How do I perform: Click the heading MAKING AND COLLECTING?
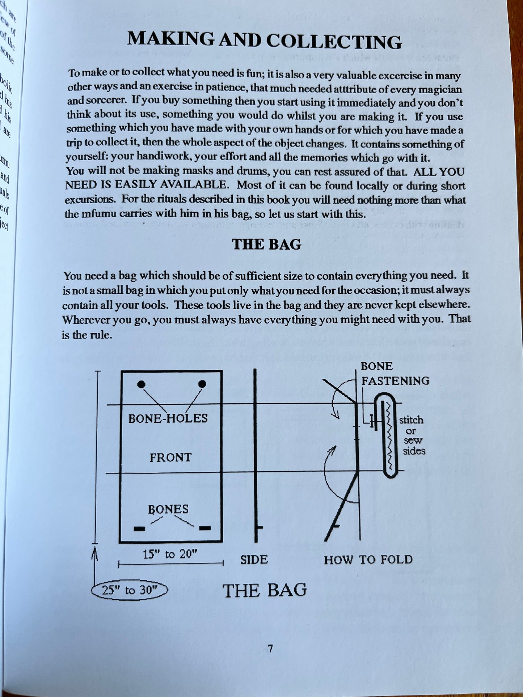(x=265, y=41)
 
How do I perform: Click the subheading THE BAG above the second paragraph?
(x=267, y=244)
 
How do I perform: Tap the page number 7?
(x=270, y=649)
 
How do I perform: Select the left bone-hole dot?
(x=142, y=384)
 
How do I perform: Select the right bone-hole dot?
(x=202, y=384)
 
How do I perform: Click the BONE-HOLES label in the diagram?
(x=168, y=418)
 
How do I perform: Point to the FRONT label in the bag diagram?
(x=170, y=458)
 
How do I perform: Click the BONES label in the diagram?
(x=168, y=509)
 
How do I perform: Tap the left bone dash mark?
(x=139, y=529)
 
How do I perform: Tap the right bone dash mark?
(x=205, y=528)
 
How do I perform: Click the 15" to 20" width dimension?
(x=170, y=554)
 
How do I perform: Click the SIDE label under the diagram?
(x=254, y=560)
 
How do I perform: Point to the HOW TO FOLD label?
(x=368, y=560)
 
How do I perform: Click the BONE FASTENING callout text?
(x=395, y=373)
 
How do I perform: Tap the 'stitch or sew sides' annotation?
(x=412, y=435)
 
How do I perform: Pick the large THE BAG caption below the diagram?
(x=265, y=591)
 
